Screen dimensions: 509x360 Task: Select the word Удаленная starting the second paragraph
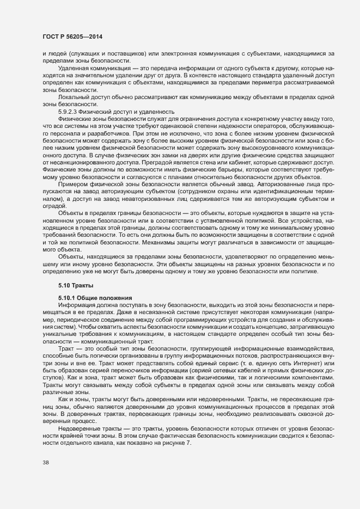point(74,68)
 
